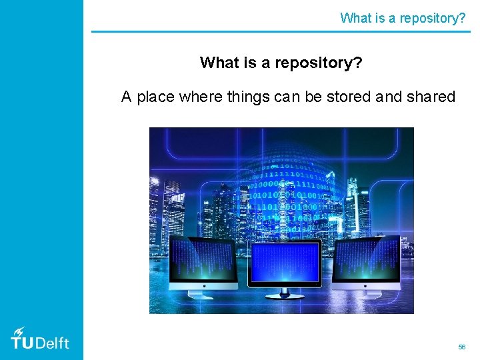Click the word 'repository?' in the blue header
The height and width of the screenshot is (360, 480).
[x=433, y=18]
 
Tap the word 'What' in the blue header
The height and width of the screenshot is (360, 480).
[x=355, y=18]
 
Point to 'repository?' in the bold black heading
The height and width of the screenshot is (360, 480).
[x=319, y=63]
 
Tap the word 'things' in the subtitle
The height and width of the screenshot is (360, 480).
[x=248, y=97]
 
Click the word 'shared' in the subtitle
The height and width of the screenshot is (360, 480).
[x=430, y=97]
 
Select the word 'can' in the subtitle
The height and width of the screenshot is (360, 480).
[x=287, y=97]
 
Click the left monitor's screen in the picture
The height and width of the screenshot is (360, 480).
[x=202, y=261]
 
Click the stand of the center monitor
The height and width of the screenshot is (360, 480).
[x=284, y=292]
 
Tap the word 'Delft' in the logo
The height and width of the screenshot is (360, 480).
[x=52, y=343]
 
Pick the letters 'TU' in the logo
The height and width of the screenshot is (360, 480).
[x=21, y=343]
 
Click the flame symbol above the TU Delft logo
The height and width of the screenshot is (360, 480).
[x=20, y=331]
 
